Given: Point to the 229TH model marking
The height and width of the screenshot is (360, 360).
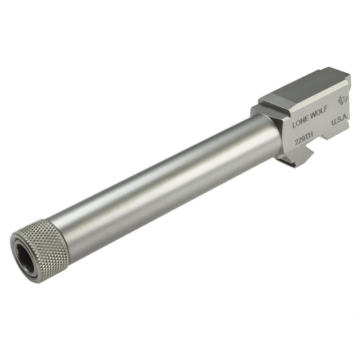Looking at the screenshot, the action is tap(304, 139).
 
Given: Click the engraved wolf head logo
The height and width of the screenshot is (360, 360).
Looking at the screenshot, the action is tap(342, 100).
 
